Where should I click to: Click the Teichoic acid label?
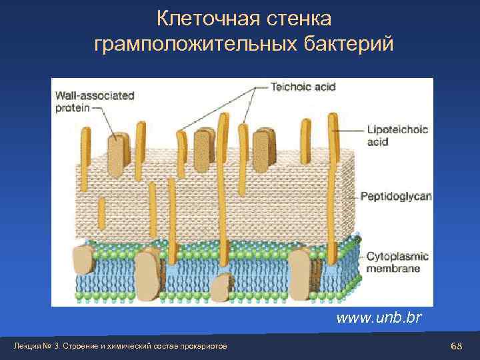[302, 86]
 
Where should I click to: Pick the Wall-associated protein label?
[93, 101]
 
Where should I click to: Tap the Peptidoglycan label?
[396, 197]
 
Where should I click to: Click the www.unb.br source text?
[379, 317]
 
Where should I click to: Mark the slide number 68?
[457, 347]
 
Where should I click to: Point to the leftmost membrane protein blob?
[83, 260]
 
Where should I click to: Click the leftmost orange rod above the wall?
[85, 147]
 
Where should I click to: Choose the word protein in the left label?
[71, 107]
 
